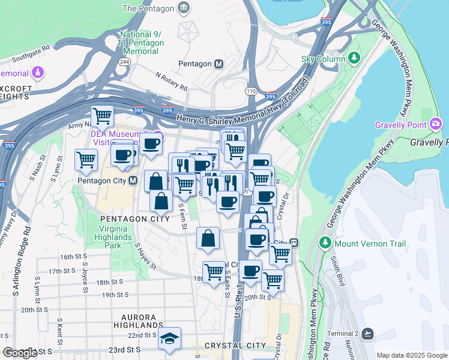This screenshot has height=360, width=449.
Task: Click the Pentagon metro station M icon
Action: pyautogui.click(x=219, y=64)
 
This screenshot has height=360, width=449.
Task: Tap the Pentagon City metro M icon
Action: pyautogui.click(x=133, y=181)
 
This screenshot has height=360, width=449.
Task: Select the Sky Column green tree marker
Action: pyautogui.click(x=355, y=58)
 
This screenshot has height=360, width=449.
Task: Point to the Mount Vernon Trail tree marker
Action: pyautogui.click(x=325, y=244)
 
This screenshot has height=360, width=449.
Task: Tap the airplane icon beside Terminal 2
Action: pyautogui.click(x=368, y=333)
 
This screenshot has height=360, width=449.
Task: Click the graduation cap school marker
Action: pyautogui.click(x=170, y=339)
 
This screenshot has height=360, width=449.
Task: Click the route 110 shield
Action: pyautogui.click(x=250, y=91)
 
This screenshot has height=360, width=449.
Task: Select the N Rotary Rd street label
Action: pyautogui.click(x=171, y=82)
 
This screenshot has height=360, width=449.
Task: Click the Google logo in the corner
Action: pyautogui.click(x=20, y=353)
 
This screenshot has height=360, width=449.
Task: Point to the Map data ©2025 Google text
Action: pyautogui.click(x=411, y=355)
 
